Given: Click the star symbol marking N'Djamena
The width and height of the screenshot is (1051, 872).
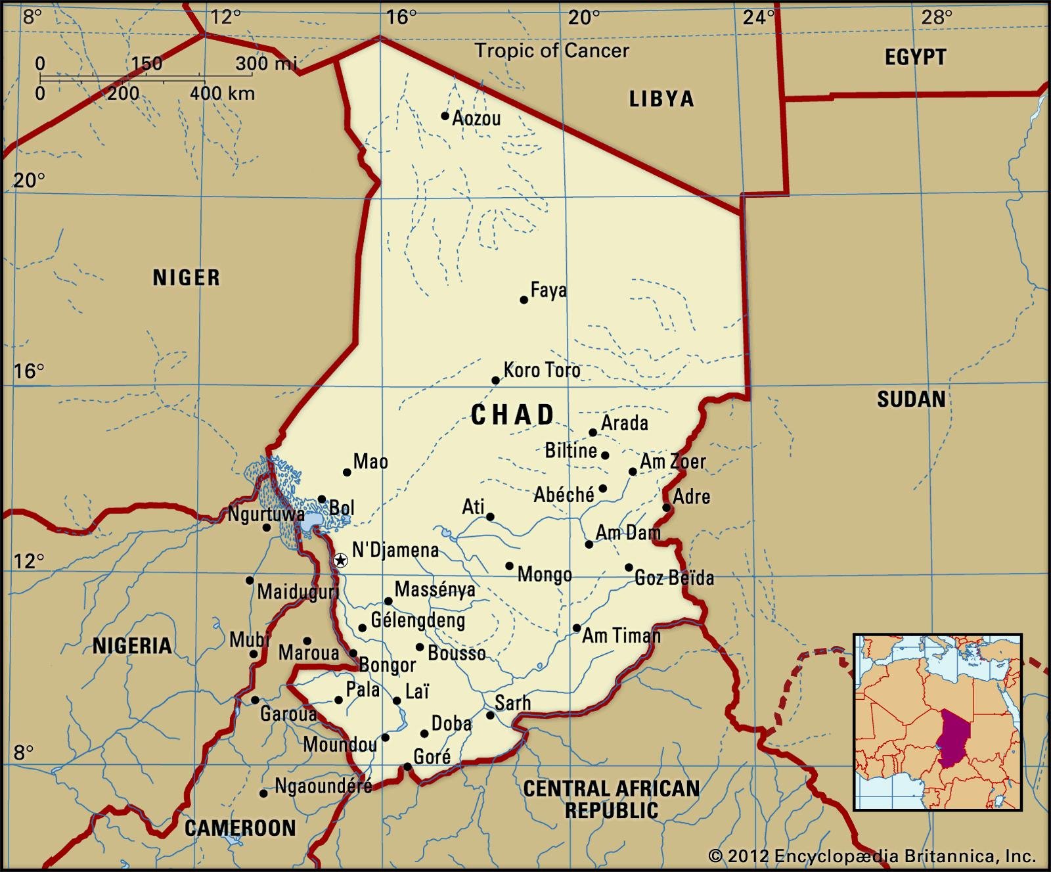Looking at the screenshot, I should click(x=340, y=560).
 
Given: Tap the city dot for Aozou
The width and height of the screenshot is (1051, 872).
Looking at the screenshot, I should click(x=445, y=116).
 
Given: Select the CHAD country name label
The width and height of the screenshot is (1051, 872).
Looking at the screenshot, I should click(x=513, y=415).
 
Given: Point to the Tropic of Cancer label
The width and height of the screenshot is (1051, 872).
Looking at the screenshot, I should click(x=552, y=51).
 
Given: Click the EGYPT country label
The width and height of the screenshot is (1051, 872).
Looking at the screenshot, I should click(x=915, y=58).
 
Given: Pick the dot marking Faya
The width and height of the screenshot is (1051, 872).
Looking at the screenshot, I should click(x=524, y=300).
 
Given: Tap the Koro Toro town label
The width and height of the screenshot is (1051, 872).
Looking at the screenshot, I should click(x=542, y=371).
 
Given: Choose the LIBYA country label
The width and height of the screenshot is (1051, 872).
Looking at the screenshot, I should click(x=661, y=99).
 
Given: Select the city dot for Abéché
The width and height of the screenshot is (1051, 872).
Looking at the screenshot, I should click(x=603, y=488).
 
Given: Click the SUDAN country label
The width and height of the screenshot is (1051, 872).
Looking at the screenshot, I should click(x=911, y=399).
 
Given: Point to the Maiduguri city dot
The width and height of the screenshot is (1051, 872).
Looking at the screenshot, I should click(x=250, y=580).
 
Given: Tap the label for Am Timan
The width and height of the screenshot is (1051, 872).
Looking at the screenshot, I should click(x=621, y=635).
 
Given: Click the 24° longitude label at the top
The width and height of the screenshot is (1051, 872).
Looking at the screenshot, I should click(x=759, y=17).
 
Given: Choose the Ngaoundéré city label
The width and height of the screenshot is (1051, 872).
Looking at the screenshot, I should click(x=323, y=785).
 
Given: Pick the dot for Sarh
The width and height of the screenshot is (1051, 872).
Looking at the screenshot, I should click(x=490, y=715).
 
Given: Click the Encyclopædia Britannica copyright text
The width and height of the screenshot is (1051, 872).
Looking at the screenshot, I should click(x=872, y=856).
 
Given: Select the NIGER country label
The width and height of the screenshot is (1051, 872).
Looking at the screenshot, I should click(x=187, y=277).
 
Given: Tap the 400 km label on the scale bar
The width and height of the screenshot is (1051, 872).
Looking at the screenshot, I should click(x=222, y=93).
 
